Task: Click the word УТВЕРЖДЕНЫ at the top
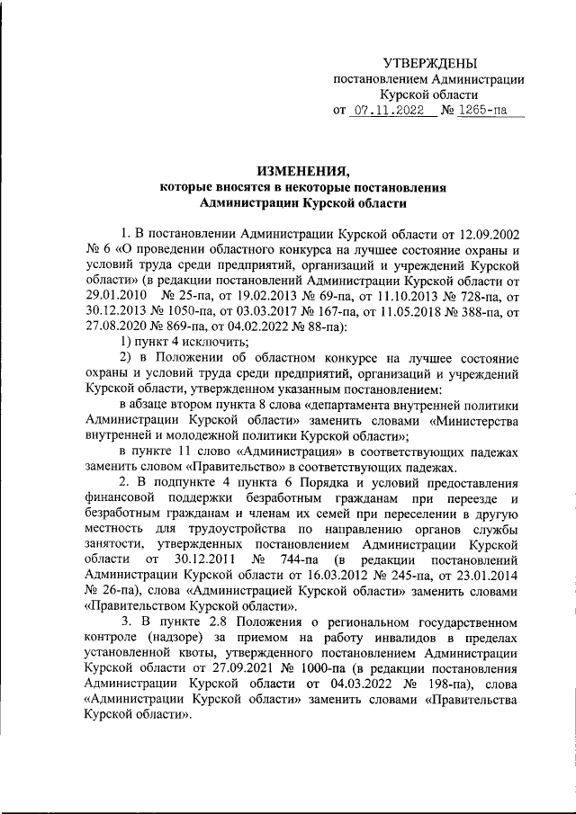430,62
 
